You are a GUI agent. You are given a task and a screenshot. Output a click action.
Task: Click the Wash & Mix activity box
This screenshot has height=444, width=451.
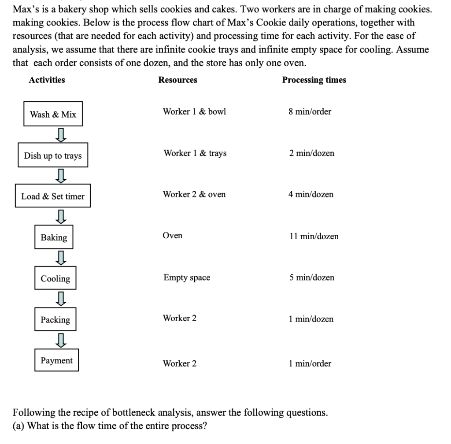[x=53, y=115]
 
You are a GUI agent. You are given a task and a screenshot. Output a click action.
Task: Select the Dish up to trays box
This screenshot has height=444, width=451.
[x=53, y=155]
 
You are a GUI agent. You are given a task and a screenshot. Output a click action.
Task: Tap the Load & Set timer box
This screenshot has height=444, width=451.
[x=53, y=196]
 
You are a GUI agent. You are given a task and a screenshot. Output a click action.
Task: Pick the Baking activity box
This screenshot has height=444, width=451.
[x=54, y=237]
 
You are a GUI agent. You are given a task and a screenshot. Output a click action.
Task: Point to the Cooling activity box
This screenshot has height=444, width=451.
[x=55, y=278]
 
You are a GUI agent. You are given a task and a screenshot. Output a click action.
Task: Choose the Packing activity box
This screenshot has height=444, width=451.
[x=55, y=319]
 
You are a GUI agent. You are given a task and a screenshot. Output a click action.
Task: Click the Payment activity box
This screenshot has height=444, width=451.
[x=57, y=361]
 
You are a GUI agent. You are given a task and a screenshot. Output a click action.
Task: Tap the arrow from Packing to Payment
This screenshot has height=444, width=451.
[x=62, y=339]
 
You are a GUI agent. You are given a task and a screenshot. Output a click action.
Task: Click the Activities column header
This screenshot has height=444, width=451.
[x=47, y=80]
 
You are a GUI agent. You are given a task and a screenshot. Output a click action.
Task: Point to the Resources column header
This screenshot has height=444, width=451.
[x=178, y=80]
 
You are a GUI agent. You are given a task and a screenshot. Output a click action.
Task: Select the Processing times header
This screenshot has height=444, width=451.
[x=314, y=80]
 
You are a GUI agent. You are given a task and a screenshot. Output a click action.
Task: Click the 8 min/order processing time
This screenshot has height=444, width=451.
[x=310, y=111]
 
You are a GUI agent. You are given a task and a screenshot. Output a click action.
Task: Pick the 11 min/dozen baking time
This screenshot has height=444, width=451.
[x=314, y=236]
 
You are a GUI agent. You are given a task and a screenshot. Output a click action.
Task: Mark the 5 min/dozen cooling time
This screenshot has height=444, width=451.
[x=312, y=277]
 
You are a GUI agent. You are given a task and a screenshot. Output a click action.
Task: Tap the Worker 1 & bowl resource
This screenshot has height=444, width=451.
[x=194, y=111]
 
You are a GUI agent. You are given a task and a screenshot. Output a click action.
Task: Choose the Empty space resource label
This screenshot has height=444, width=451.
[x=187, y=277]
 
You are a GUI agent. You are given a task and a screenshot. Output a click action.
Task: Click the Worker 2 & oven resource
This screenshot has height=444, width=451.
[x=194, y=194]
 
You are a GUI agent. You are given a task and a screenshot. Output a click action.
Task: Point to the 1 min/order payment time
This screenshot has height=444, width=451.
[x=310, y=363]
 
